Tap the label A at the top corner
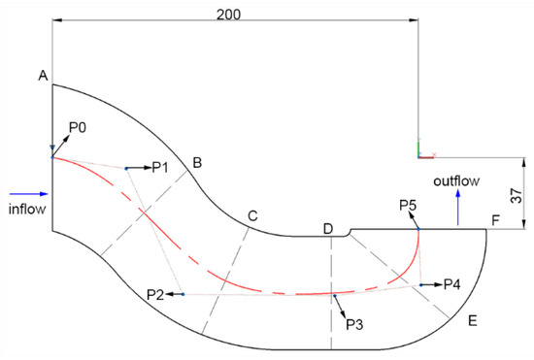click(x=42, y=75)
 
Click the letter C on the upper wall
click(x=252, y=215)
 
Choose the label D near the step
click(x=328, y=229)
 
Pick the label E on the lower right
click(x=473, y=319)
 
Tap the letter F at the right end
click(x=496, y=221)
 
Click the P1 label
click(x=160, y=167)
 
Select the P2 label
click(x=155, y=293)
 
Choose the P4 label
click(x=451, y=284)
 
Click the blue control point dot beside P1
click(x=126, y=168)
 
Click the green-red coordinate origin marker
click(x=420, y=151)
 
